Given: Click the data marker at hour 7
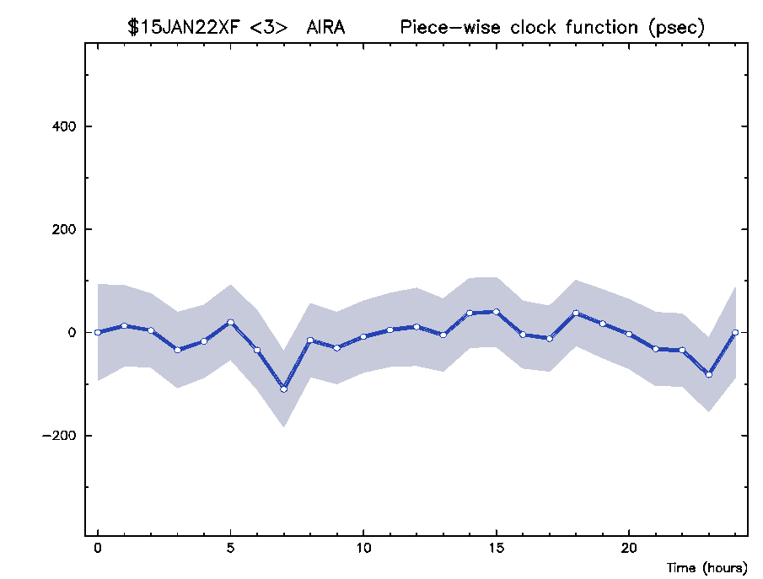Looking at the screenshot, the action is click(x=283, y=389).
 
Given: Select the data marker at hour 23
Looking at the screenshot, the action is click(x=708, y=375).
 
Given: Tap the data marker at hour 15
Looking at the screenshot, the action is click(x=497, y=311).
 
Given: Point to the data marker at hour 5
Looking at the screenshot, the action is click(x=231, y=322).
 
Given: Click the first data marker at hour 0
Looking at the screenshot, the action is click(x=98, y=332).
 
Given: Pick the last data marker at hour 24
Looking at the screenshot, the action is click(x=735, y=332).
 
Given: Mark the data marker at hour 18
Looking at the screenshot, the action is click(x=576, y=313).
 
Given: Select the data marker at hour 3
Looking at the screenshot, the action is click(x=178, y=350).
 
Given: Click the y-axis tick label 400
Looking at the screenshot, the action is click(x=64, y=126).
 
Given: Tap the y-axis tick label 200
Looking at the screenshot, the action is click(x=64, y=229).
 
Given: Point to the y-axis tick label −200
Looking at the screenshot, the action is click(x=59, y=436).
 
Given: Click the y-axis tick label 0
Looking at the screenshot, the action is click(x=73, y=332).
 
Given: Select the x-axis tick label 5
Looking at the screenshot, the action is click(x=231, y=548).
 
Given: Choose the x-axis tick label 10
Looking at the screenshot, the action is click(x=363, y=548).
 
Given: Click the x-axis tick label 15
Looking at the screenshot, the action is click(x=497, y=548).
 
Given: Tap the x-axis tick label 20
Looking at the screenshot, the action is click(x=629, y=548).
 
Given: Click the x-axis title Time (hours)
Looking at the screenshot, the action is click(x=707, y=568).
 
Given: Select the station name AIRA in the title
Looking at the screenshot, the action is click(x=325, y=27).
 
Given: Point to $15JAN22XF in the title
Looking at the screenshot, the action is click(x=184, y=27).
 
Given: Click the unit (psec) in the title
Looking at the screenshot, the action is click(x=676, y=28).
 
